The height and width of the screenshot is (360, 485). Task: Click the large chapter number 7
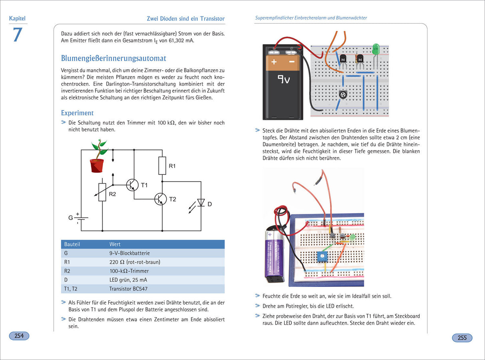(17, 35)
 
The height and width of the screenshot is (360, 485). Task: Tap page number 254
(19, 336)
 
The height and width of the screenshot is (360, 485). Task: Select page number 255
(462, 338)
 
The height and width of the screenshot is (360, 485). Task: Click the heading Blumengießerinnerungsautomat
(113, 58)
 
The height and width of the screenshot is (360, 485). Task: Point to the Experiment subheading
(77, 113)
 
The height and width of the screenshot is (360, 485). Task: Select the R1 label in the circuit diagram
(172, 166)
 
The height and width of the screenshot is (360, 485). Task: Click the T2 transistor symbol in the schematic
(161, 199)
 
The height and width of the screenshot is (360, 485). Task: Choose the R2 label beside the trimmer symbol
(112, 194)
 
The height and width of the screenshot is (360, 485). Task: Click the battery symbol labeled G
(81, 218)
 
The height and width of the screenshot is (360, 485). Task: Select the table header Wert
(115, 244)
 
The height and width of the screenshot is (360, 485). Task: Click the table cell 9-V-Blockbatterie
(129, 253)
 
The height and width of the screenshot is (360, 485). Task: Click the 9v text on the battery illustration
(284, 79)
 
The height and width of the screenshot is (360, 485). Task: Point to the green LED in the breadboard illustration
(376, 49)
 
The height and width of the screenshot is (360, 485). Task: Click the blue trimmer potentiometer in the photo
(321, 256)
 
